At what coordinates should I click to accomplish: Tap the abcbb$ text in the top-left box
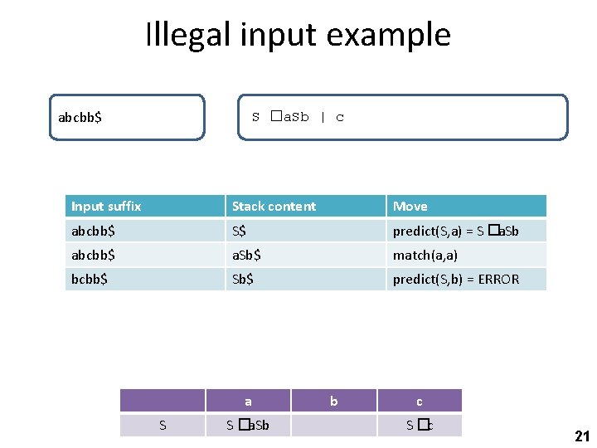(80, 117)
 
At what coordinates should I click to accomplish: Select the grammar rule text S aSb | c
(298, 117)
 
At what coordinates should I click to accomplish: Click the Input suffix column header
(106, 206)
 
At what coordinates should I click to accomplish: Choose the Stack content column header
(274, 206)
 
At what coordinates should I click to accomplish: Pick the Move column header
(410, 206)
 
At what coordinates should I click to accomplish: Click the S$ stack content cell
(239, 231)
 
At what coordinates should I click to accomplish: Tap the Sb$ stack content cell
(243, 279)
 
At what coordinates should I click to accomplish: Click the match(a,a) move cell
(425, 255)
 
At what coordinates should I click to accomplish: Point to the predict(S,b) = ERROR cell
(455, 279)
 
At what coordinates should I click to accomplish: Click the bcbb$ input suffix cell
(90, 279)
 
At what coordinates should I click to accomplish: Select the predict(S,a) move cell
(455, 231)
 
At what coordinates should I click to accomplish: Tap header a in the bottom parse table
(248, 402)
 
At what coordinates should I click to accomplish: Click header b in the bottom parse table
(333, 402)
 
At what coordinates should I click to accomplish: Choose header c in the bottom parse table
(419, 402)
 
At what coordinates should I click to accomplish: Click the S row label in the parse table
(163, 426)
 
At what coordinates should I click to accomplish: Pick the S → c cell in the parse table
(420, 426)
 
